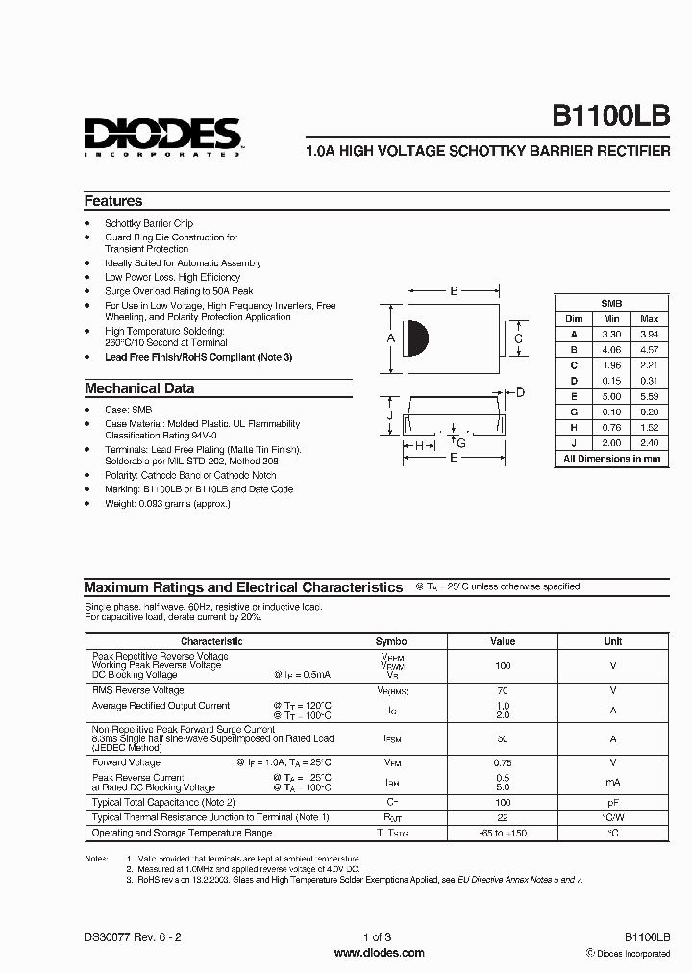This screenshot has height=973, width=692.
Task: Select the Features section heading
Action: pyautogui.click(x=113, y=201)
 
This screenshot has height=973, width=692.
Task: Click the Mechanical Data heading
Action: pyautogui.click(x=139, y=388)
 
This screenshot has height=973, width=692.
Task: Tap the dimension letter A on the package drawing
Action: pyautogui.click(x=390, y=338)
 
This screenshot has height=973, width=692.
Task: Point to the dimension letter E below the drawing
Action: pyautogui.click(x=454, y=459)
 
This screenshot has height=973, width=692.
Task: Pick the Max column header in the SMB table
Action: pyautogui.click(x=650, y=318)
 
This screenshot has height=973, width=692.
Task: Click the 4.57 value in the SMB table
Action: pyautogui.click(x=650, y=350)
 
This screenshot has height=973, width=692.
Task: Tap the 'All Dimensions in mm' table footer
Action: pyautogui.click(x=612, y=459)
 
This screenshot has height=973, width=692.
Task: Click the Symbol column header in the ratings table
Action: pyautogui.click(x=392, y=641)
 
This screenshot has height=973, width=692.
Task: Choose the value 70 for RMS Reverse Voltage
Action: pyautogui.click(x=503, y=690)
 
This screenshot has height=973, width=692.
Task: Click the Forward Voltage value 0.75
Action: pyautogui.click(x=503, y=762)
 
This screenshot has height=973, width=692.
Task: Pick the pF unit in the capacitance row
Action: pyautogui.click(x=612, y=801)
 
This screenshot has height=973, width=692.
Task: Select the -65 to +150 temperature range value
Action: pyautogui.click(x=503, y=833)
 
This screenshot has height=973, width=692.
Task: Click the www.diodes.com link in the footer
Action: pyautogui.click(x=379, y=953)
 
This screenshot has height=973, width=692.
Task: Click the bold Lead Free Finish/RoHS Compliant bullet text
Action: pyautogui.click(x=198, y=357)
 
